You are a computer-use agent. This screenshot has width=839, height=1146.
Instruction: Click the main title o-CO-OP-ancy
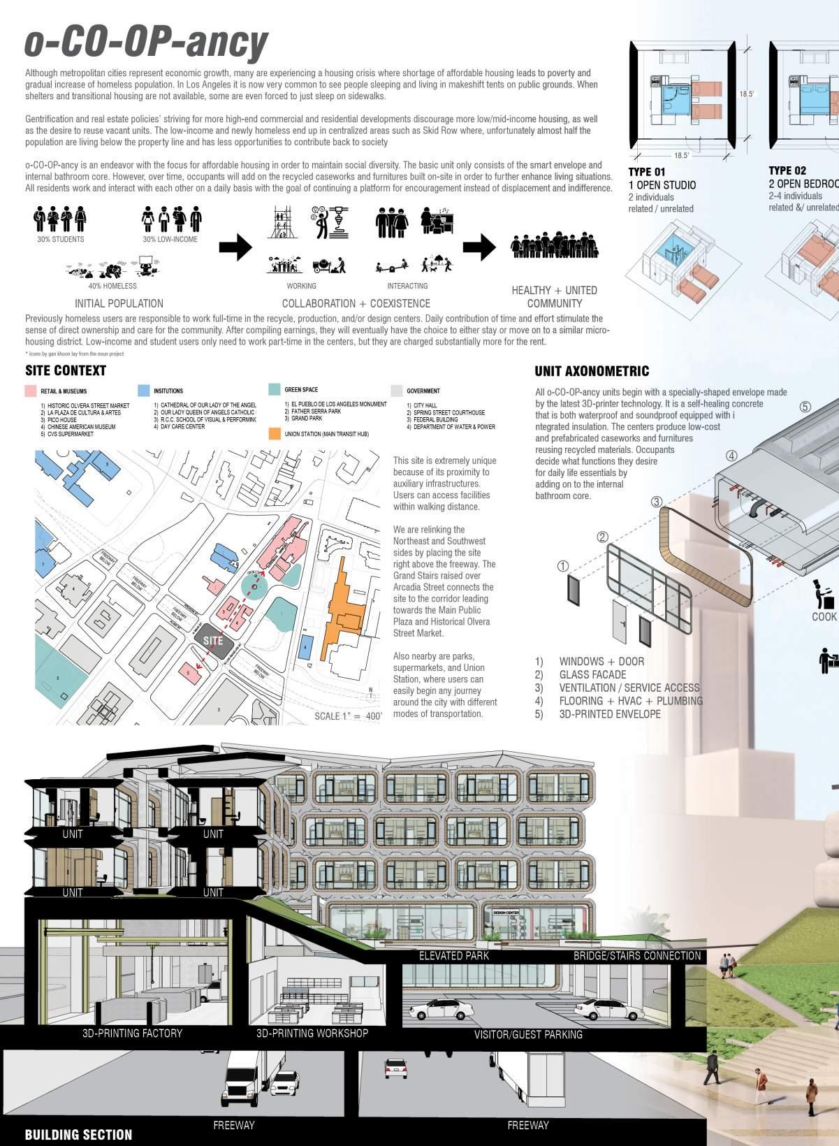[146, 42]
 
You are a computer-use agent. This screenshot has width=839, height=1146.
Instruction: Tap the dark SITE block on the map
[213, 640]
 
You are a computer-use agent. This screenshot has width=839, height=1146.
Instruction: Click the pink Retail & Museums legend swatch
[30, 391]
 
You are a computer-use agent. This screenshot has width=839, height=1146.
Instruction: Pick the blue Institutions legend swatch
[143, 391]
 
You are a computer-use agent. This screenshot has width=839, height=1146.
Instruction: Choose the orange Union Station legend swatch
[274, 434]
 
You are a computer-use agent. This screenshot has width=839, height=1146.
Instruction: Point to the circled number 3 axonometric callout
[656, 502]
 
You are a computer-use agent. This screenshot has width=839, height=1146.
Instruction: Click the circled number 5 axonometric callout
[805, 406]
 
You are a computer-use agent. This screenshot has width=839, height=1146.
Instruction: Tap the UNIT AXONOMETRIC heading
[592, 372]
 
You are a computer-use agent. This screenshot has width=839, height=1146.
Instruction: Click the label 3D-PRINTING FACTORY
[132, 1033]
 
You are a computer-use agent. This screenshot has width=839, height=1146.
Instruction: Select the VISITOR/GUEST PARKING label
[528, 1034]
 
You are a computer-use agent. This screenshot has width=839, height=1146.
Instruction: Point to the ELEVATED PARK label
[454, 955]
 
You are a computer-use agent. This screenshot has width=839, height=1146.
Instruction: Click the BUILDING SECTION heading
[78, 1135]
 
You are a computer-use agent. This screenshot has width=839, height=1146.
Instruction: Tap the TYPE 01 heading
[647, 171]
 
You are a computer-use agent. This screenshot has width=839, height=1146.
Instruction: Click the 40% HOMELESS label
[112, 286]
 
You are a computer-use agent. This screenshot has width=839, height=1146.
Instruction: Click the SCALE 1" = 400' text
[348, 716]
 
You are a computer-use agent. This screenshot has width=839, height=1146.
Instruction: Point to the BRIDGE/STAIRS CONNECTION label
[636, 955]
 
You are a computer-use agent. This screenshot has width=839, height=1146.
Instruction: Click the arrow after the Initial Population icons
[235, 247]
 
